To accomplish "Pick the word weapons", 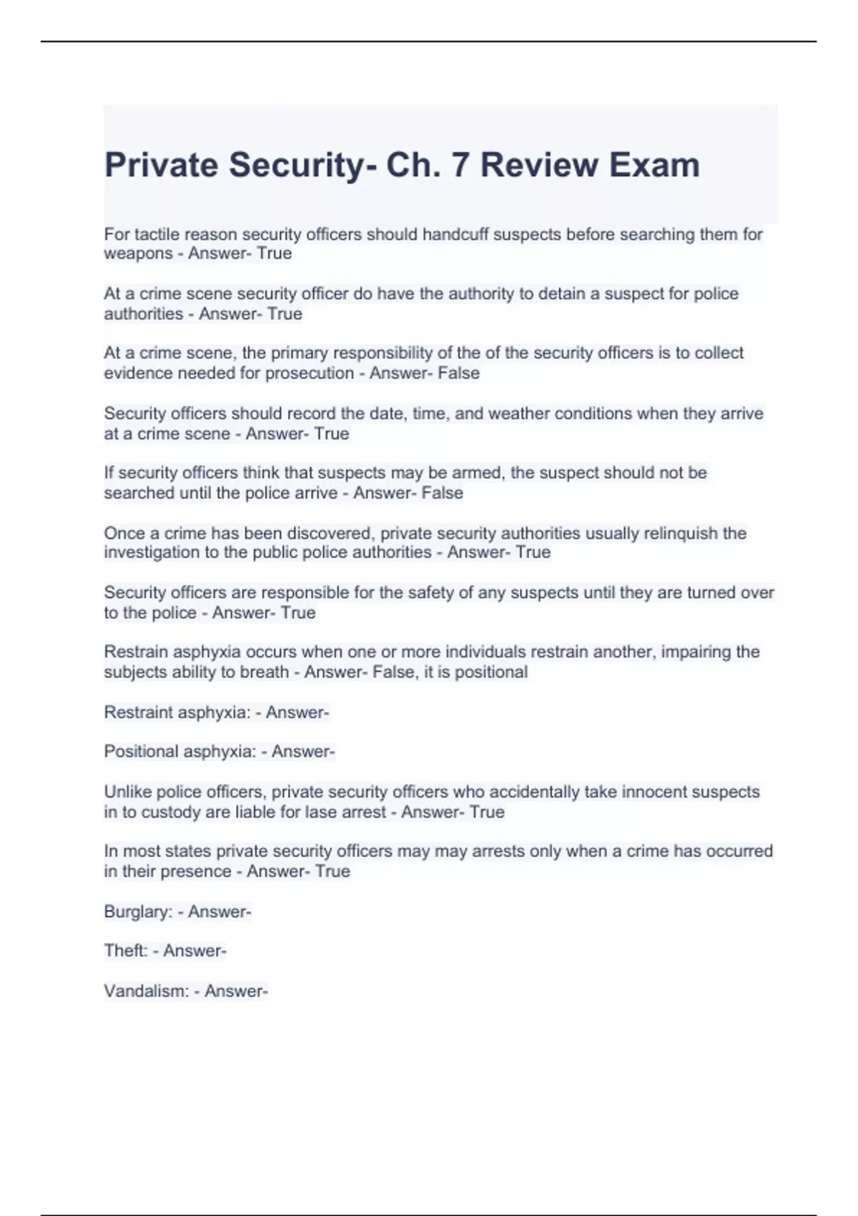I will coord(138,254).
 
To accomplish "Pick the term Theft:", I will coord(126,951).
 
